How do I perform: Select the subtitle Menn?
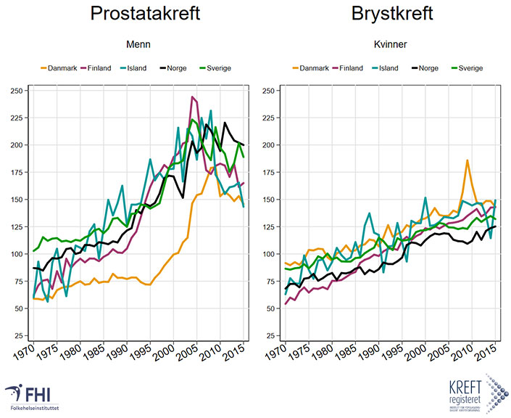[138, 45]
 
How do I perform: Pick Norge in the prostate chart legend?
[177, 68]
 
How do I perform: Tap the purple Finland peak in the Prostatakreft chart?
[193, 97]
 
